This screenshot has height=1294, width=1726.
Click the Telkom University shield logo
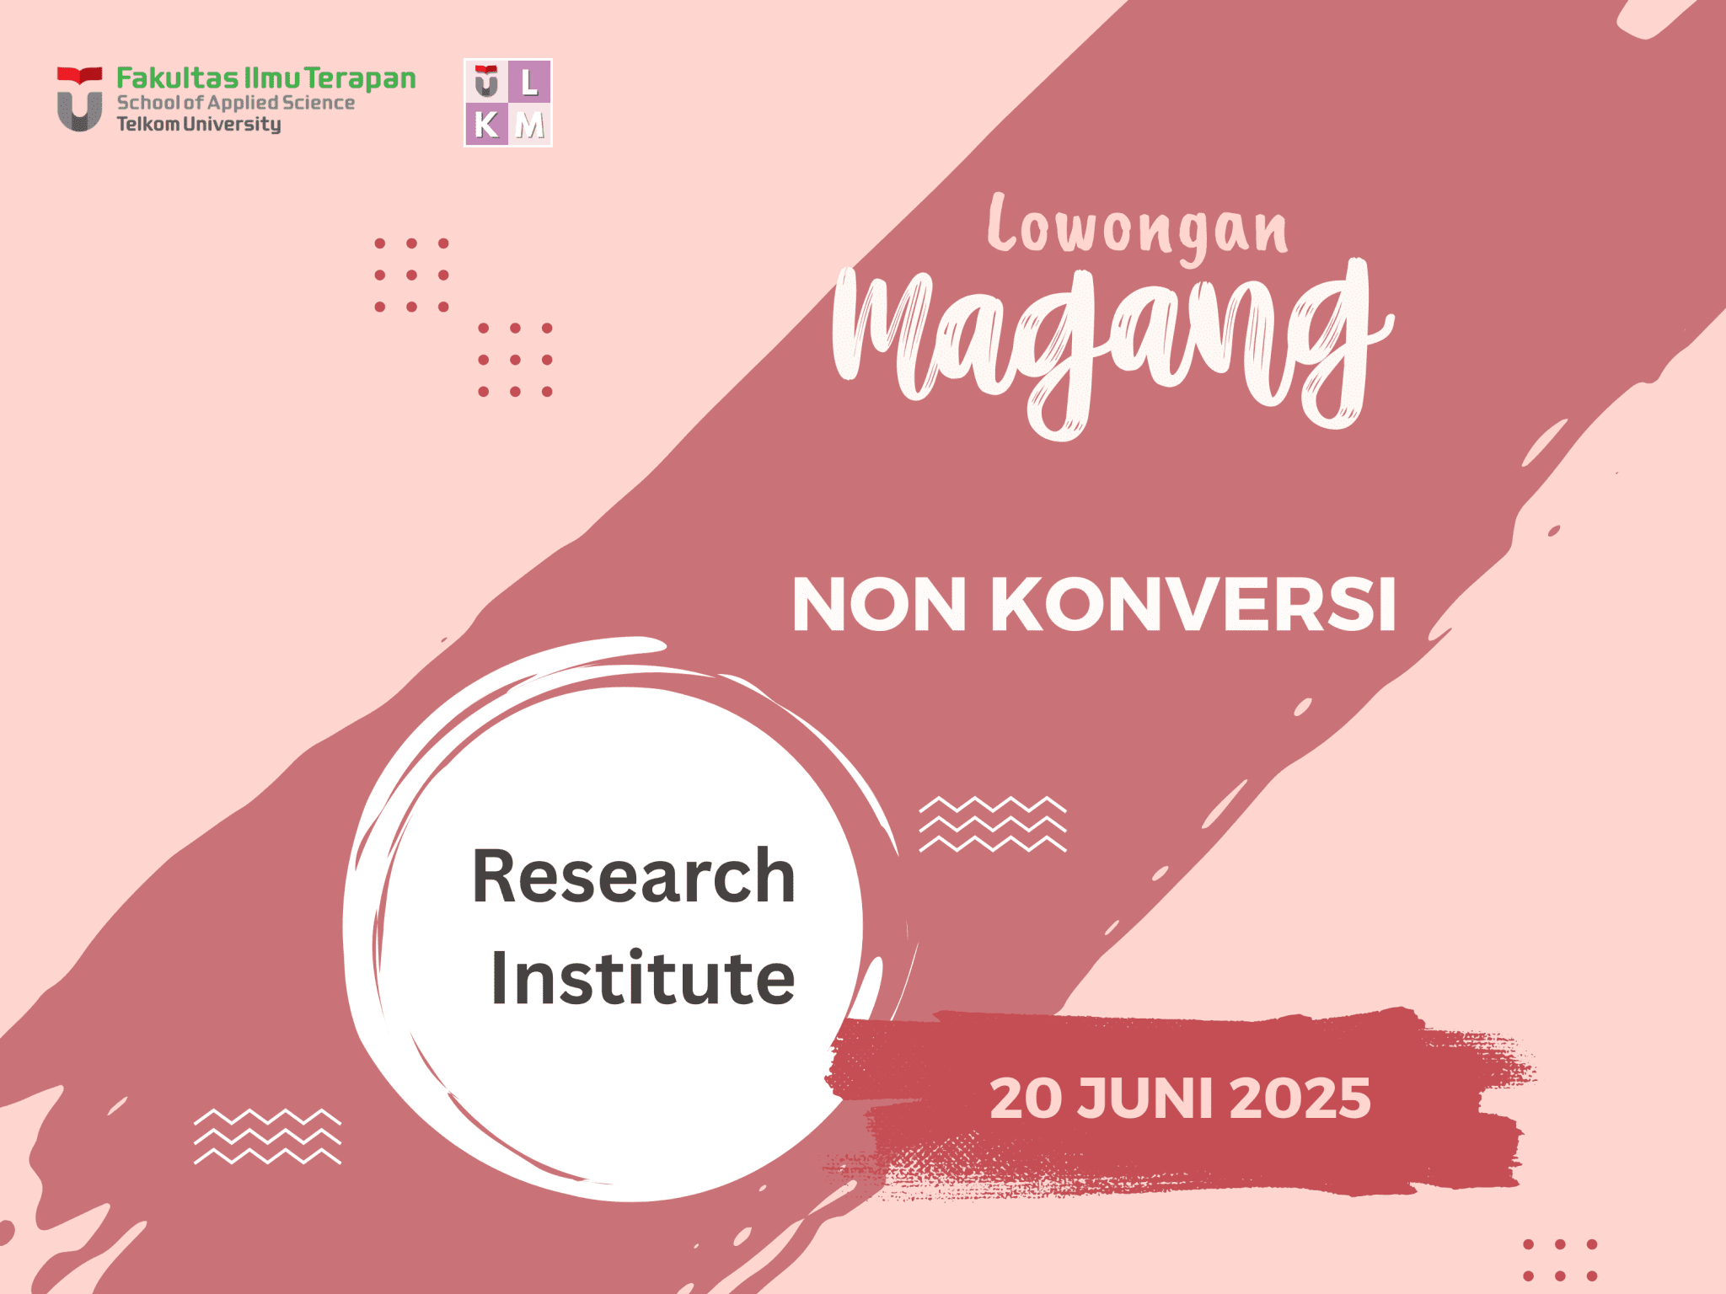coord(79,99)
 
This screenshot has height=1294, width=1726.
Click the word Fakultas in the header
coord(177,78)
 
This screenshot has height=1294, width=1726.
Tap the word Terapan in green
coord(360,78)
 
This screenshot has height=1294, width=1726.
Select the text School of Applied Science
coord(235,103)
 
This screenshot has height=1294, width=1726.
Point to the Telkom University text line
coord(199,125)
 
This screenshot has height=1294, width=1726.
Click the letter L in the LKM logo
coord(529,83)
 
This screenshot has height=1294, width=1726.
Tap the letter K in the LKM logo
coord(486,126)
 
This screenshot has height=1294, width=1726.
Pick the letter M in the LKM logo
coord(530,126)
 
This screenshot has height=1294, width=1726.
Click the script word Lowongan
coord(1138,226)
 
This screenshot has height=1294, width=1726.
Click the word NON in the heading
coord(879,605)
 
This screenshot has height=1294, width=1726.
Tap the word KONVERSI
coord(1193,605)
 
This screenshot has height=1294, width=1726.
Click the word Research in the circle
coord(634,877)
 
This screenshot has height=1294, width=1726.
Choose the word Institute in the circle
coord(642,979)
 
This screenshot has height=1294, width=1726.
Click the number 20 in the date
coord(1021,1099)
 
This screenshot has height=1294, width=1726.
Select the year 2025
coord(1300,1099)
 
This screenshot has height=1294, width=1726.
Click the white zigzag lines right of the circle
coord(992,824)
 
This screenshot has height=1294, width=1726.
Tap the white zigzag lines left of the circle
coord(267,1136)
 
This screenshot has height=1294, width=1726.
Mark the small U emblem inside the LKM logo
coord(486,82)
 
